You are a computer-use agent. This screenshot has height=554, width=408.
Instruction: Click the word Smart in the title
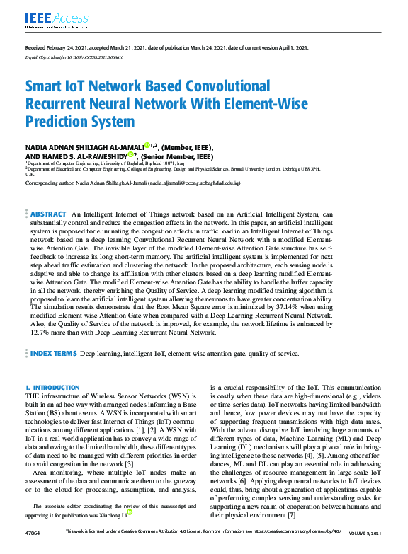45,87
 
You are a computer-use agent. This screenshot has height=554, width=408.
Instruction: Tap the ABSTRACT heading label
49,213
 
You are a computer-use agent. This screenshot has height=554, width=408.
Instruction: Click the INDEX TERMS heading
54,352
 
